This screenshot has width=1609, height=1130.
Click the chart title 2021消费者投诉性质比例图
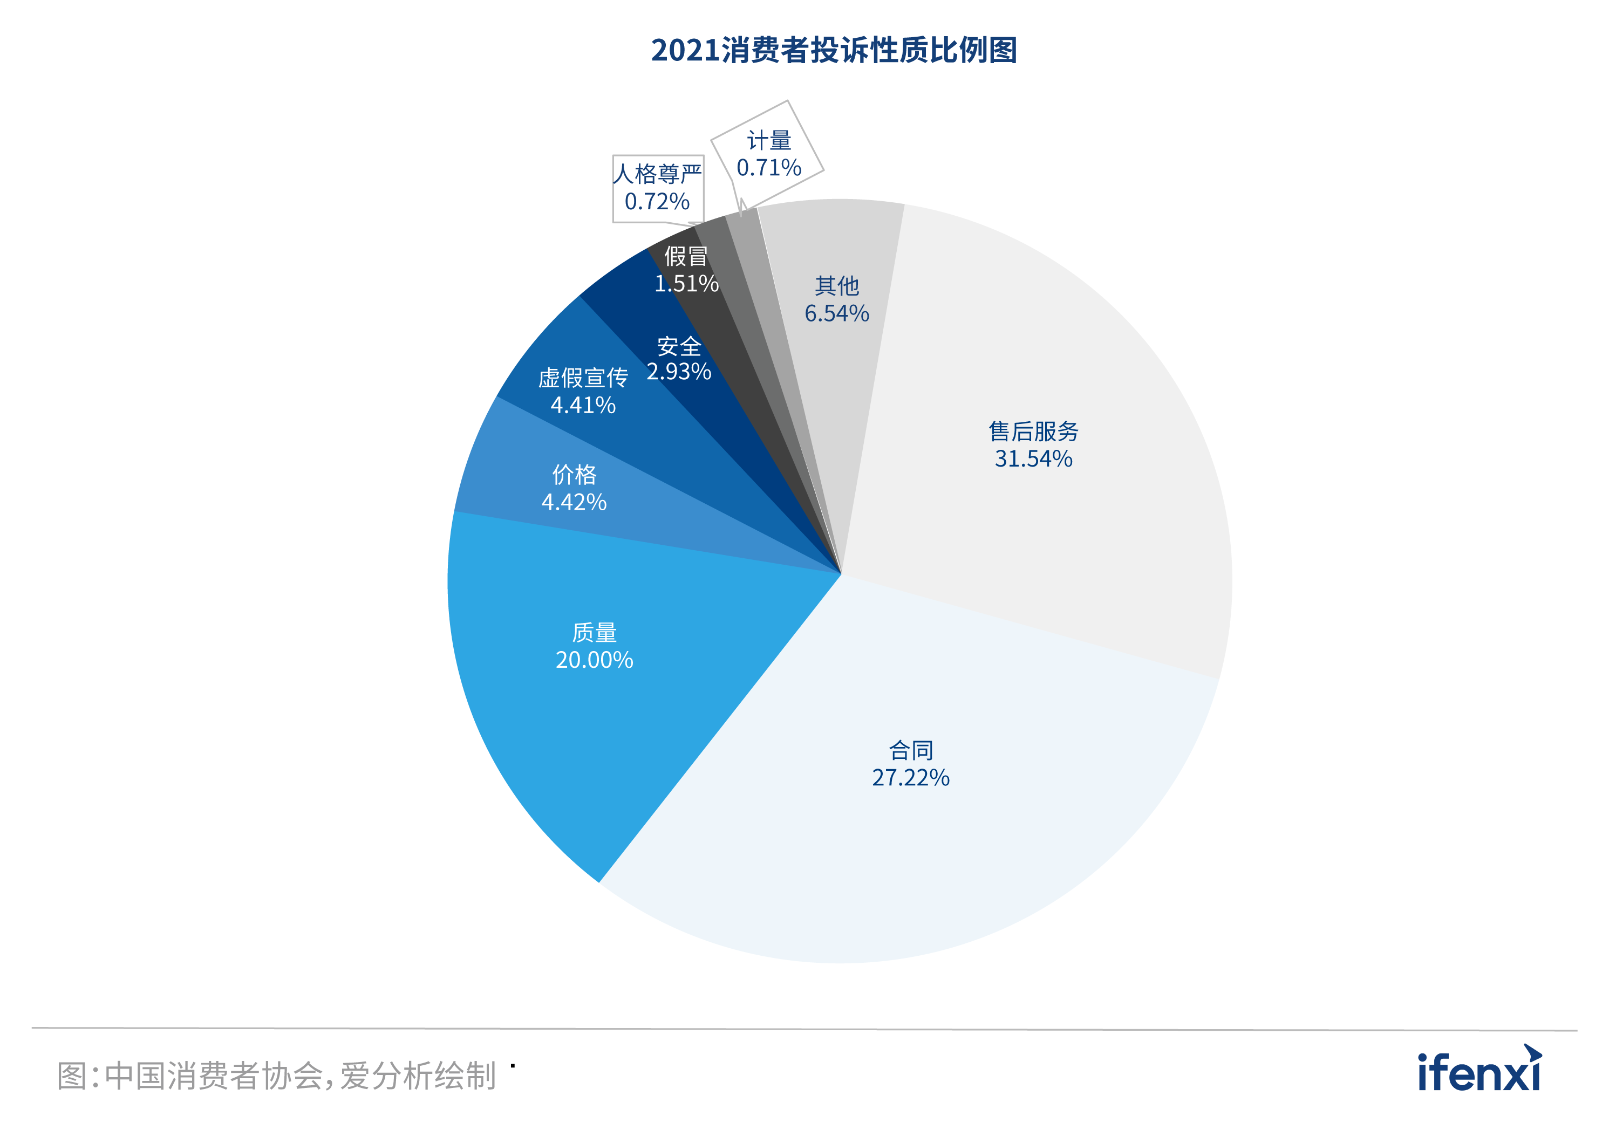[834, 51]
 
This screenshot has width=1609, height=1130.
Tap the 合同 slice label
[910, 750]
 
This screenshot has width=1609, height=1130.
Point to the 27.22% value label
[910, 778]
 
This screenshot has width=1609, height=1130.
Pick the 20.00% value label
[594, 660]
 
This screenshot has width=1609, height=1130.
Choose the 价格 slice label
[574, 475]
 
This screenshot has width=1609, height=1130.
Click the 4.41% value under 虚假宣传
[583, 405]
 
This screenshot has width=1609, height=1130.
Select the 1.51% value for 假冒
[686, 284]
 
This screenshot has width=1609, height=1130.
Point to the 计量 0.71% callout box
[768, 154]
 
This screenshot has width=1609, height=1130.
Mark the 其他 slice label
[837, 286]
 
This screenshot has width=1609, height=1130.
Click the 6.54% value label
[837, 313]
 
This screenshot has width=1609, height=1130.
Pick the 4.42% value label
[574, 502]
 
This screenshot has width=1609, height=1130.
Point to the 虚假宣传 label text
[583, 378]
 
